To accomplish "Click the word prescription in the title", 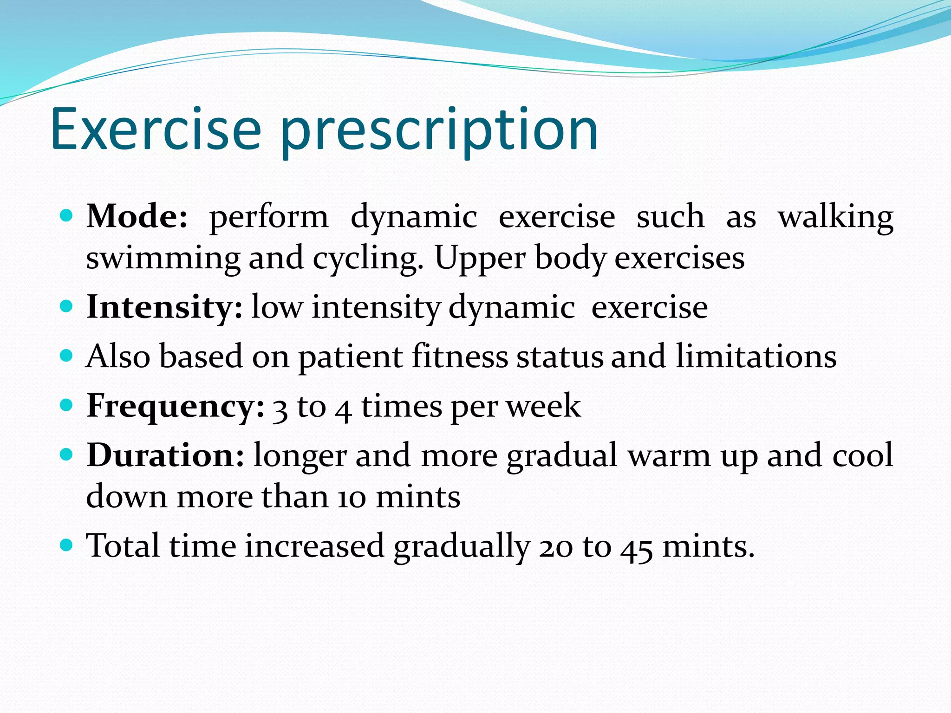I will (439, 132).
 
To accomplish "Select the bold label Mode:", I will (137, 216).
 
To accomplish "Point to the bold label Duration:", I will (165, 455).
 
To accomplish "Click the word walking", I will (835, 217).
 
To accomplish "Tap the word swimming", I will (163, 259).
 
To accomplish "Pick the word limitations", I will (756, 356).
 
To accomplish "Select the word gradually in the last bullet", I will (462, 547).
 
